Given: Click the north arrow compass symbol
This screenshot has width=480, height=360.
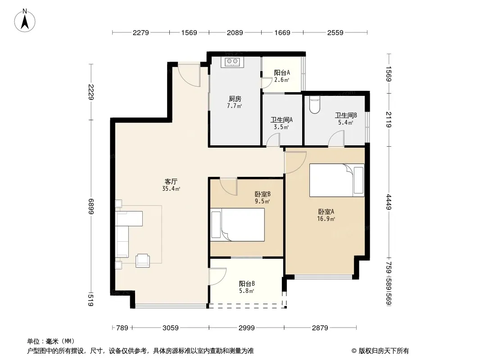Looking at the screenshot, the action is [25, 21].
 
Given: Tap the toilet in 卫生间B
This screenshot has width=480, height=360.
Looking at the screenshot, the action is [315, 104].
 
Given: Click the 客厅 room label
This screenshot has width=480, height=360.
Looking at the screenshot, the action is [171, 182].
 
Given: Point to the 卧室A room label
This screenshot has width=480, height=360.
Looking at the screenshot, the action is [326, 211].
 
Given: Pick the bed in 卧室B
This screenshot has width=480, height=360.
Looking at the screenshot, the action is [238, 225].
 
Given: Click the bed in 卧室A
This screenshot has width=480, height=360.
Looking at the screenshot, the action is [337, 180].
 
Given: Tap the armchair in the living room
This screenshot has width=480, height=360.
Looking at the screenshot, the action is [143, 261].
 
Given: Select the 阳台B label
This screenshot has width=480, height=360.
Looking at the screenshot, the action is [247, 283].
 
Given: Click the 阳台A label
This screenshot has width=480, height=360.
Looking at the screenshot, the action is [282, 73].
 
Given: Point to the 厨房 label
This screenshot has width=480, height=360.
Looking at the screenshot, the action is [235, 99].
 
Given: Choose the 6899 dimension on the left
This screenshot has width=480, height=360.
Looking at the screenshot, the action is [91, 207].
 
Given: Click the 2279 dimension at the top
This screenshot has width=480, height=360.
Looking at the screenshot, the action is [141, 32].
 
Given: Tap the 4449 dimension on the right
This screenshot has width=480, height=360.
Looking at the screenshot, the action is [389, 202].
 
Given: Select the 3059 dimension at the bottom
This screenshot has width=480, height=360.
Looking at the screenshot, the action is [171, 328].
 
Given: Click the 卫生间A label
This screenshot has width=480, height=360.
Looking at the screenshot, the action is [281, 120].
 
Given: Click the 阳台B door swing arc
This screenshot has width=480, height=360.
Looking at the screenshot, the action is [218, 276].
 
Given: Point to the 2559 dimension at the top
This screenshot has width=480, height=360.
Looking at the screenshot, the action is [335, 32].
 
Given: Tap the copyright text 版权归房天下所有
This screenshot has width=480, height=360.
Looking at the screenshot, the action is [384, 351].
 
